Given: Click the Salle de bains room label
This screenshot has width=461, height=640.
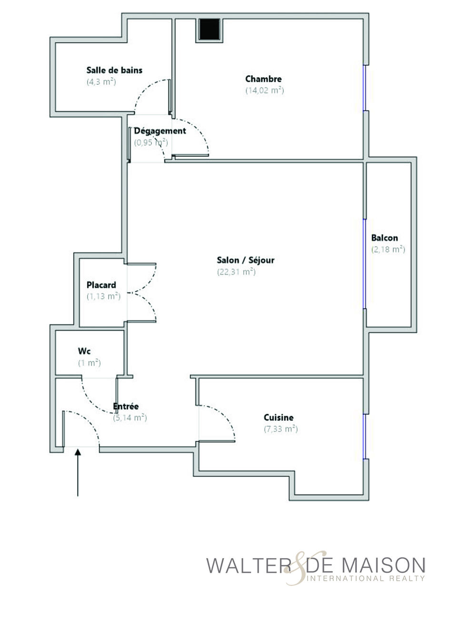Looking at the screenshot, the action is click(114, 70).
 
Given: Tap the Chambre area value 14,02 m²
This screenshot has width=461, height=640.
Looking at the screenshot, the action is click(265, 90).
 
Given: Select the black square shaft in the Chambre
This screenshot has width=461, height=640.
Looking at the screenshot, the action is click(210, 29).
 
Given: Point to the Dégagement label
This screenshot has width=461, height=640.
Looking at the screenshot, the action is click(160, 131).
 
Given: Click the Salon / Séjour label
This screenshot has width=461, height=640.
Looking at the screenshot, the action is click(246, 260).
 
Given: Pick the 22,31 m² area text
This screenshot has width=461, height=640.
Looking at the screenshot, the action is click(236, 271).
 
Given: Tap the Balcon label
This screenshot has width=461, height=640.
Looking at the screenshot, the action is click(384, 238).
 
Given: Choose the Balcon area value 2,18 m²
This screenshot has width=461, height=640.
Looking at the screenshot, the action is click(388, 249).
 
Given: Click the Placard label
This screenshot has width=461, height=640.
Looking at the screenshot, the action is click(101, 285).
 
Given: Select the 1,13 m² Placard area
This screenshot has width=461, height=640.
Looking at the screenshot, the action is click(103, 296).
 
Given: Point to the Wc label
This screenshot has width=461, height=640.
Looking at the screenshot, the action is click(84, 351).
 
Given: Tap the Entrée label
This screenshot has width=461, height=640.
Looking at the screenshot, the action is click(126, 406).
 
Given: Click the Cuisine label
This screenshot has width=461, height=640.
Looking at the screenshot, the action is click(279, 418).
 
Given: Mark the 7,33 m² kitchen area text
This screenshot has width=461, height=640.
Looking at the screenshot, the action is click(281, 429).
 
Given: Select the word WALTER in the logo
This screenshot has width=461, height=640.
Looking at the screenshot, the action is click(249, 565).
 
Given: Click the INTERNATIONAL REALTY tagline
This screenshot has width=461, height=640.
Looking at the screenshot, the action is click(366, 578).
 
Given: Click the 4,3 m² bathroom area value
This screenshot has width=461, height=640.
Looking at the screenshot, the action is click(101, 82).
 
